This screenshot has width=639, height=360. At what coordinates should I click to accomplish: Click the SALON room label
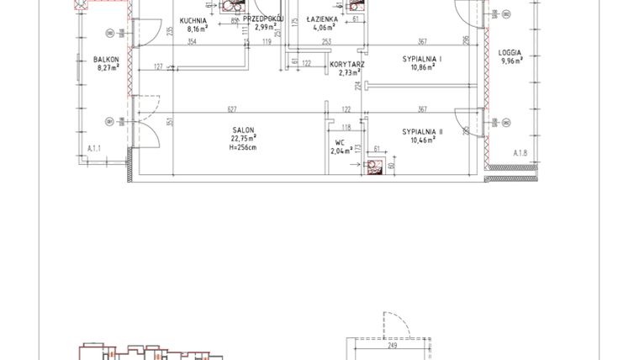click(244, 130)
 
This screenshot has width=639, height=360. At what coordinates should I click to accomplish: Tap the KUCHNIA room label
click(193, 19)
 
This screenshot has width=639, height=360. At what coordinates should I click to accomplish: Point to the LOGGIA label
click(510, 52)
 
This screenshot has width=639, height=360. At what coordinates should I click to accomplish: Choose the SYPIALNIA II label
click(423, 131)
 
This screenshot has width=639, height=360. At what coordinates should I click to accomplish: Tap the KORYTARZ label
click(347, 65)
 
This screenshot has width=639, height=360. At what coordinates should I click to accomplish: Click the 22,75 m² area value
click(244, 139)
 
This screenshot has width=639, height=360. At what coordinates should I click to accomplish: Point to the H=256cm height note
click(244, 147)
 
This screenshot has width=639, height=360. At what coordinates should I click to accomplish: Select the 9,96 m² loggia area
click(510, 61)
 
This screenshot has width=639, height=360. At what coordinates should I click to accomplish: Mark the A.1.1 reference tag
click(94, 149)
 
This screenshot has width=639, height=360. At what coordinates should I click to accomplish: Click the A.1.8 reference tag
click(519, 153)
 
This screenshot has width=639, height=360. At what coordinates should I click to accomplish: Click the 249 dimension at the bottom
click(392, 344)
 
